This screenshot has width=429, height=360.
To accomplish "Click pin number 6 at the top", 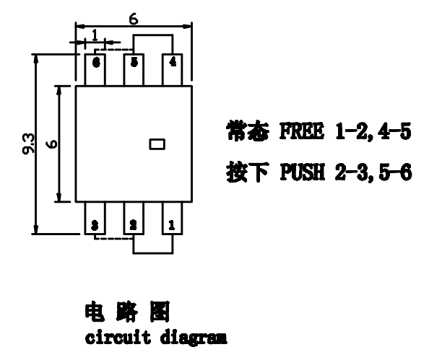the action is (96, 63).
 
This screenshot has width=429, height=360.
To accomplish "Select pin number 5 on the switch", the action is (134, 62).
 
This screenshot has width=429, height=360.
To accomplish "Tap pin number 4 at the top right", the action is (173, 62).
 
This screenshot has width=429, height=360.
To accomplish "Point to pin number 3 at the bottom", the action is (95, 226).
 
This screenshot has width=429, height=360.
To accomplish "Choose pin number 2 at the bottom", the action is (133, 226).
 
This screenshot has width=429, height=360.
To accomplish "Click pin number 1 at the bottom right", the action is (172, 226).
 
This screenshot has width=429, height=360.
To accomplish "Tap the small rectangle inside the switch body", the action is (157, 144).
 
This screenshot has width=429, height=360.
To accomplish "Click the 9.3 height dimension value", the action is (28, 144).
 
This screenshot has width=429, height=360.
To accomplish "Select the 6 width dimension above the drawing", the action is (134, 19).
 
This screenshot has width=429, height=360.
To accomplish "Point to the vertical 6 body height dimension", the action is (52, 144).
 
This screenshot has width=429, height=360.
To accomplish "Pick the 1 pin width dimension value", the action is (95, 35).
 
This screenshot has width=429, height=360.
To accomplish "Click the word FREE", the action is (302, 131).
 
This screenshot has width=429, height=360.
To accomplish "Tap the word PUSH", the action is (303, 172).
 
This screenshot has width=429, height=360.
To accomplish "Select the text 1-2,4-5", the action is (373, 132).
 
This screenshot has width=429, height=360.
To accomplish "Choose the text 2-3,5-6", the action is (373, 172).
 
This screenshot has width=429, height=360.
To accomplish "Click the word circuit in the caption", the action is (118, 338).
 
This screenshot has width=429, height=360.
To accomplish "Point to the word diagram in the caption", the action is (194, 338).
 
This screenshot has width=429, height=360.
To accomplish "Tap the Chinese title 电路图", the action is (127, 312).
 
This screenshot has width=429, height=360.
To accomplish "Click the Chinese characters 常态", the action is (248, 131).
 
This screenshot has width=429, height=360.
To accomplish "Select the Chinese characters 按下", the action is (248, 172).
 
